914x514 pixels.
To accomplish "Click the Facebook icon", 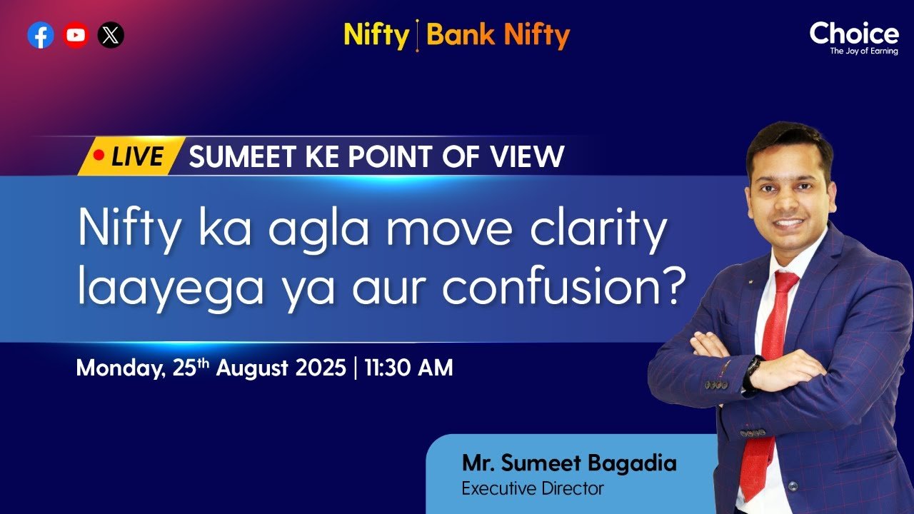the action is click(x=41, y=35).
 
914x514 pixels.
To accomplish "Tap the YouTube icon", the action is click(x=76, y=35).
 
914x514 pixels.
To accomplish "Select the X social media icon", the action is click(x=111, y=35).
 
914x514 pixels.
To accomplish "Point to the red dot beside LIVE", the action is click(x=99, y=155).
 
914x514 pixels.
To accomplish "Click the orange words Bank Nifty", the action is click(x=498, y=34).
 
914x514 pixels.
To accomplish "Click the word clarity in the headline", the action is click(x=598, y=229).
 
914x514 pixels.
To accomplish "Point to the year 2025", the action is click(x=321, y=368).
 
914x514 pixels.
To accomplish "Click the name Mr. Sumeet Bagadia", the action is click(x=569, y=463).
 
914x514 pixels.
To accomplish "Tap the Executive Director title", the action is click(x=533, y=488).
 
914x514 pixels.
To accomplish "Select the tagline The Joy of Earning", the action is click(x=864, y=51).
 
